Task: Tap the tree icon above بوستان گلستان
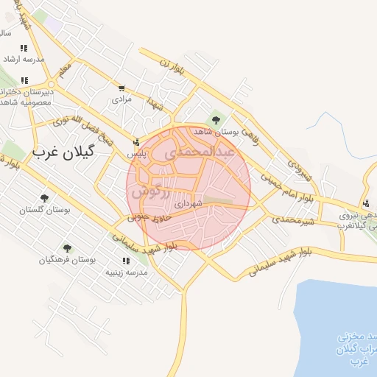[45, 197]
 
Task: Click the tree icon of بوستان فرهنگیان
[68, 248]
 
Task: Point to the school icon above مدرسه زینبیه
[122, 261]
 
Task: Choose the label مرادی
[121, 98]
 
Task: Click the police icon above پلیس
[136, 143]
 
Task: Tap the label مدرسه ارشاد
[24, 59]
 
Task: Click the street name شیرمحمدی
[294, 219]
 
